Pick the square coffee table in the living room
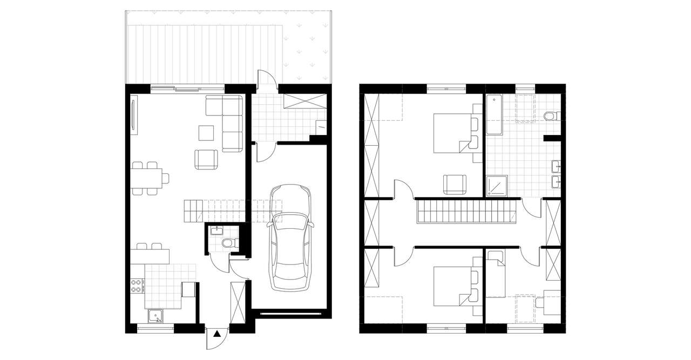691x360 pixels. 206,132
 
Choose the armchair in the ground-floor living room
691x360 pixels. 206,159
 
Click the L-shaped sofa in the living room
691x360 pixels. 229,119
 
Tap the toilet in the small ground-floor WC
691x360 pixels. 229,243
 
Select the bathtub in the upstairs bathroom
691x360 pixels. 494,115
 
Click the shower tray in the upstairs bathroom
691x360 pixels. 497,186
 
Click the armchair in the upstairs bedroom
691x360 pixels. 455,184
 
